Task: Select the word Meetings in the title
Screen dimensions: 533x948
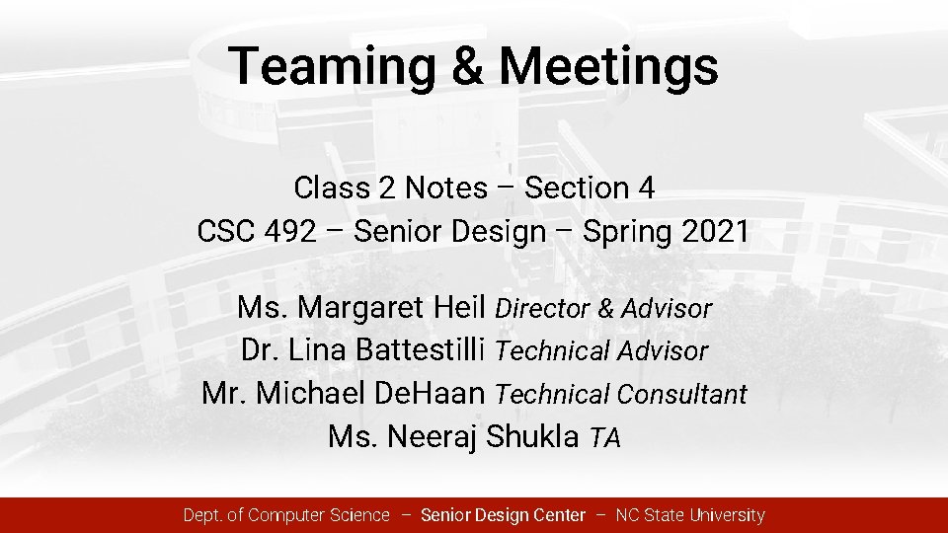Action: click(608, 67)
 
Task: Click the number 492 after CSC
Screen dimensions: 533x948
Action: click(291, 233)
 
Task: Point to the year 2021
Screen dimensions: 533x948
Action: click(714, 233)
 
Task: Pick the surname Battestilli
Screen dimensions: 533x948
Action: click(419, 350)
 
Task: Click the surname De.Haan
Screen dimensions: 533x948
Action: click(432, 394)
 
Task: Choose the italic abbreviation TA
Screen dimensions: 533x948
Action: click(604, 438)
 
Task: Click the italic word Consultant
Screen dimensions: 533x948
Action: click(681, 395)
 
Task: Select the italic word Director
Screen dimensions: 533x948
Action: click(541, 309)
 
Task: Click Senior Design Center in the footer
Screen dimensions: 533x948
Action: click(503, 515)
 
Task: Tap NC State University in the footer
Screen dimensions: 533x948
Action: click(690, 515)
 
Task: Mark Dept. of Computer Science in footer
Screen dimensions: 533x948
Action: click(286, 515)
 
